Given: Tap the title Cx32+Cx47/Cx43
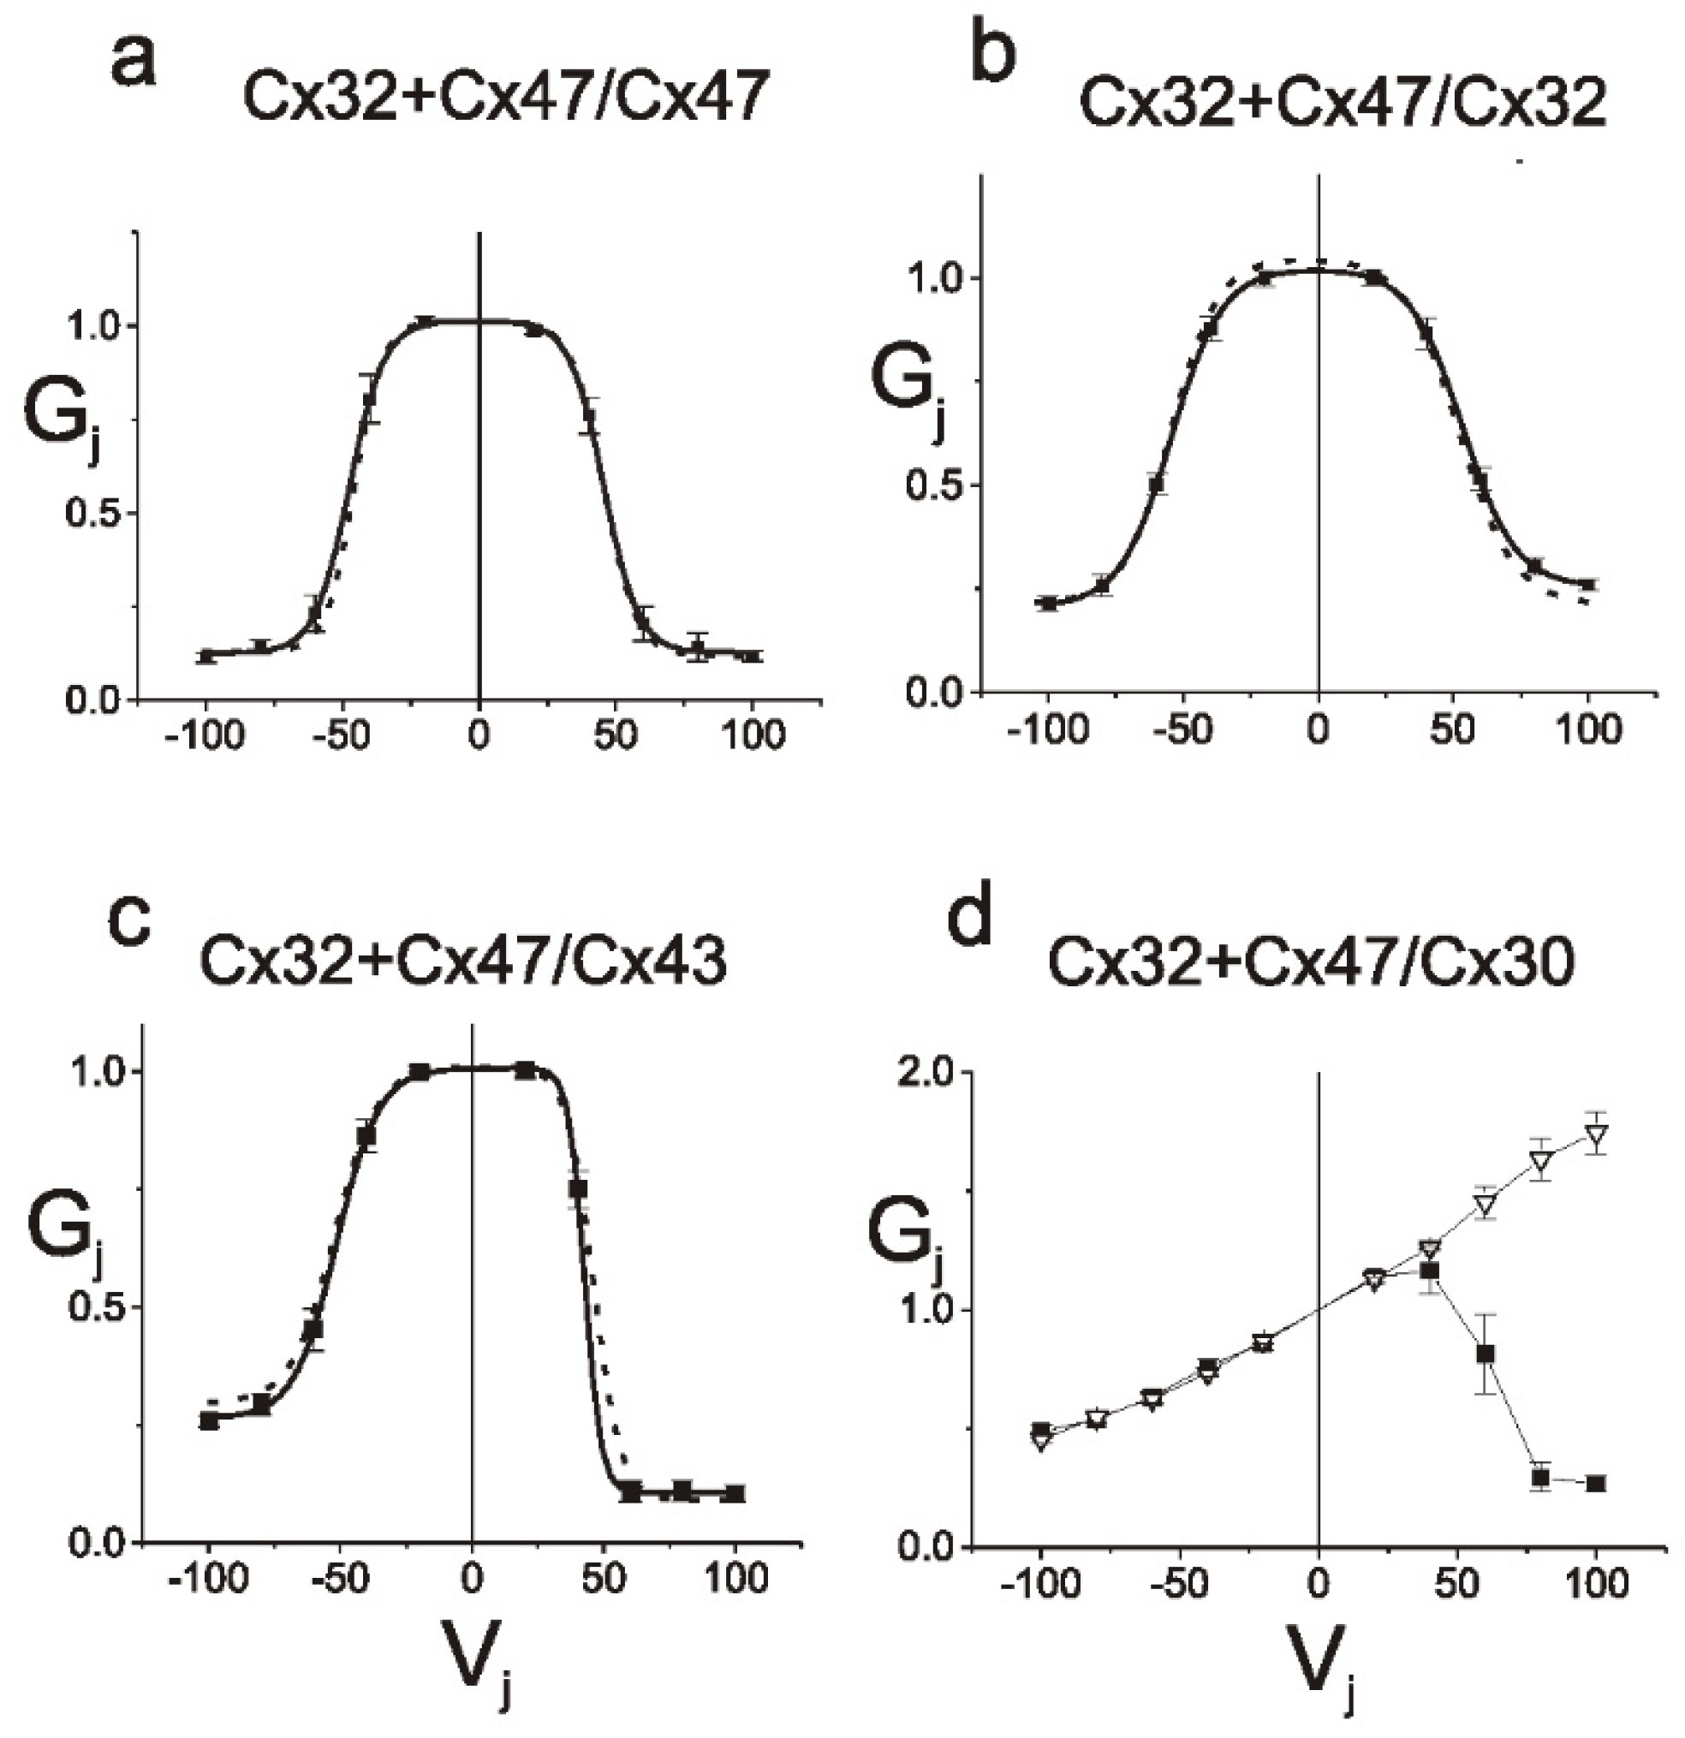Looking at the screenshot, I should click(x=463, y=961).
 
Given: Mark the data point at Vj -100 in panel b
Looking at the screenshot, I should click(x=1049, y=604).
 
